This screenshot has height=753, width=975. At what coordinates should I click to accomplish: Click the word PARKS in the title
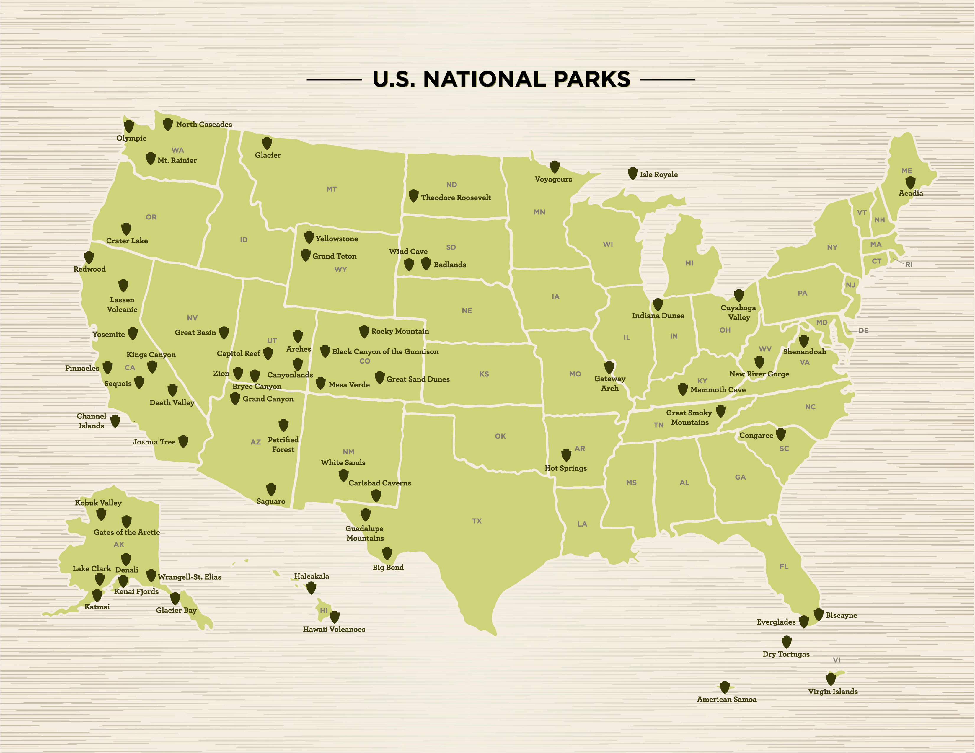click(x=592, y=79)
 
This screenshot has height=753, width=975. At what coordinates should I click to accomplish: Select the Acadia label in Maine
click(x=911, y=193)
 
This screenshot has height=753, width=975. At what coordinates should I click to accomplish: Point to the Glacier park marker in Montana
click(x=267, y=143)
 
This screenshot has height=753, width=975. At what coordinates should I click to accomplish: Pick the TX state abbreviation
click(x=477, y=521)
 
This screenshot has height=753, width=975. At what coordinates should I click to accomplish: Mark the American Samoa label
click(x=727, y=700)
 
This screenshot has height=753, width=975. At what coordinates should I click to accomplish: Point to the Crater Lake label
click(x=127, y=241)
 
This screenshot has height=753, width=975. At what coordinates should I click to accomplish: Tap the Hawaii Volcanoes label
click(x=334, y=629)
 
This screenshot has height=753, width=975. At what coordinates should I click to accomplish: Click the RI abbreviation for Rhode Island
click(x=909, y=264)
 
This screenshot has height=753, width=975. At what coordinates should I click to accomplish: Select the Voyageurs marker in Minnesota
click(x=555, y=167)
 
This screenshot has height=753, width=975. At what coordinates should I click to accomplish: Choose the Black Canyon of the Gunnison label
click(x=385, y=352)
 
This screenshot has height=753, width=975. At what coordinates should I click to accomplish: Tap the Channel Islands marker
click(x=115, y=421)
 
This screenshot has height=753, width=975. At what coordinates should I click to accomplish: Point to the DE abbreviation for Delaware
click(x=863, y=330)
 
